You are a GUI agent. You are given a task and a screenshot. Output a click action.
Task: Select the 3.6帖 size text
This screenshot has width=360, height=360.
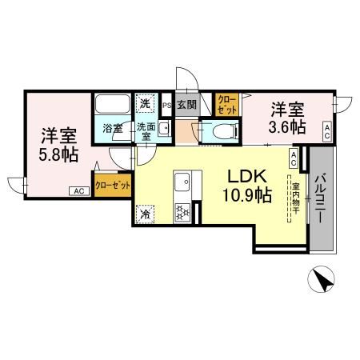tap(286, 126)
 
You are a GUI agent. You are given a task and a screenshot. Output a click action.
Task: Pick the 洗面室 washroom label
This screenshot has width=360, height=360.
tap(144, 131)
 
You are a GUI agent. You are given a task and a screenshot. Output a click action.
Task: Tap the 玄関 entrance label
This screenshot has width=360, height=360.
tap(186, 103)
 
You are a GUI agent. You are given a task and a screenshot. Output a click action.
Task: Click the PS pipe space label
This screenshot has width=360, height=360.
tap(166, 104)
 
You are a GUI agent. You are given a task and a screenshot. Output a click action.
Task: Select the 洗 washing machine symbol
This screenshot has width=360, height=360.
tap(145, 102)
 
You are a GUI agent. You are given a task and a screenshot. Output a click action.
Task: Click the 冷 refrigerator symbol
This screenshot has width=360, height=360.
tap(146, 214)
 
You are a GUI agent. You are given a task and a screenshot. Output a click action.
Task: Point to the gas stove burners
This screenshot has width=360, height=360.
tap(182, 212)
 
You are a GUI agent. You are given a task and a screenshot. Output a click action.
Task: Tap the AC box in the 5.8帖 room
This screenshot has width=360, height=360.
tap(78, 191)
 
